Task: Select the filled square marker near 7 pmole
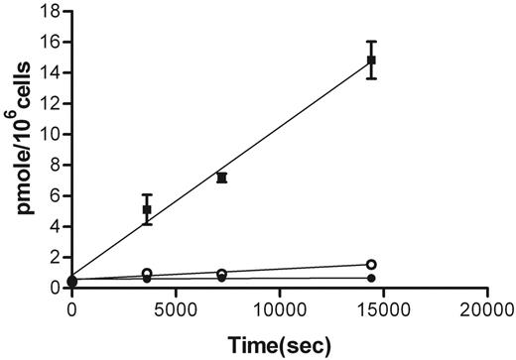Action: pos(221,178)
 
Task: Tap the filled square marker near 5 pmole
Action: pos(147,209)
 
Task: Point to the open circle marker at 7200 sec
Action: pos(221,274)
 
